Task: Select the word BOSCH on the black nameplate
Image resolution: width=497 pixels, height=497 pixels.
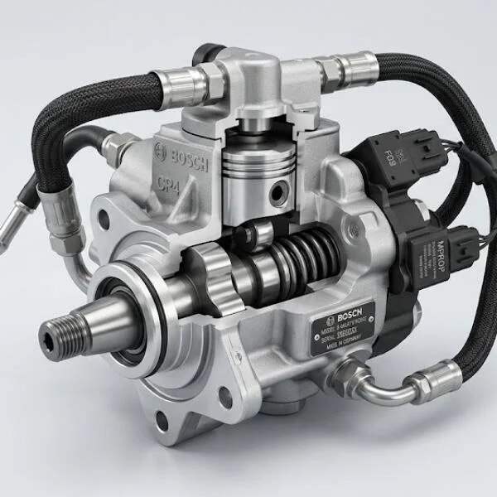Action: tap(341, 317)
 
